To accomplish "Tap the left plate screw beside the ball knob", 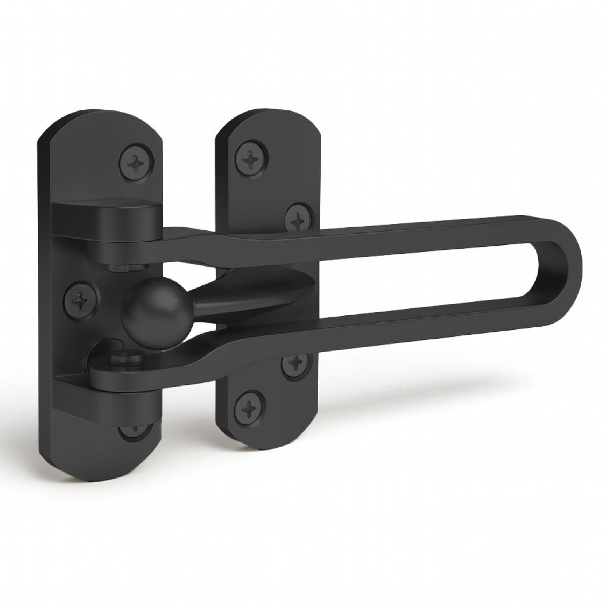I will [x=79, y=300].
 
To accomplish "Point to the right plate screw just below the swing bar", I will [x=293, y=363].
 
